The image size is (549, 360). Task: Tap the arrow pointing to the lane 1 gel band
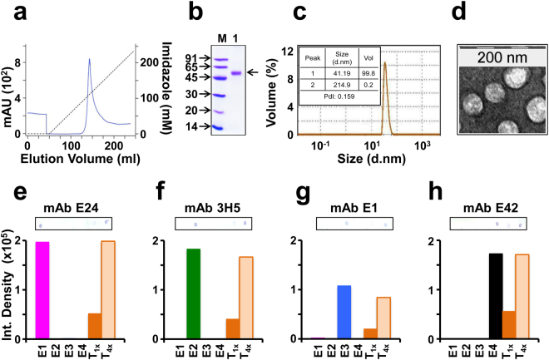tap(253, 72)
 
